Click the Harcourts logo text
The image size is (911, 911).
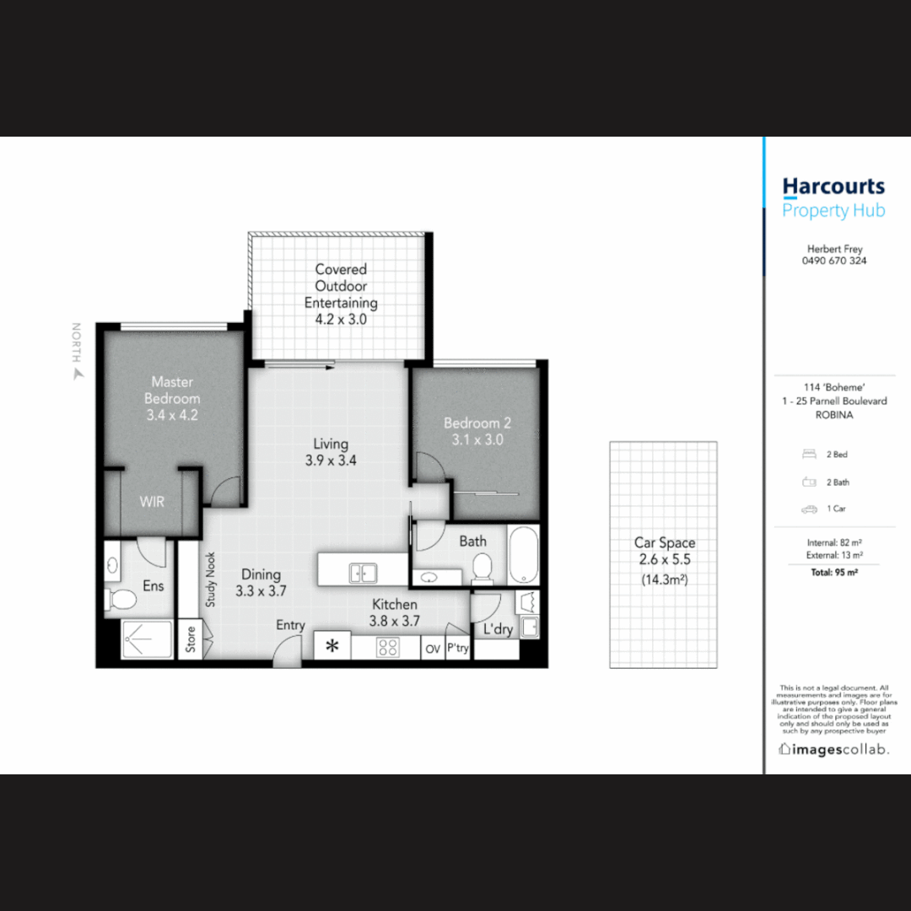click(833, 186)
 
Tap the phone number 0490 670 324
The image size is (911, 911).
click(833, 261)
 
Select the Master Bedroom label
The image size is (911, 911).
click(172, 398)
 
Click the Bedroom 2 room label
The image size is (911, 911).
click(477, 430)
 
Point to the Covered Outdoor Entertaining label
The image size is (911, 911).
click(341, 294)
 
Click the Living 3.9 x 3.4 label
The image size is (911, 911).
click(331, 452)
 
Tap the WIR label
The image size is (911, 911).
click(152, 502)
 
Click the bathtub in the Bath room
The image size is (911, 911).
click(524, 554)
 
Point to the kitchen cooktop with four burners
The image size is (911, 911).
click(387, 647)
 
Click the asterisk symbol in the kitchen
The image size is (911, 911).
click(332, 647)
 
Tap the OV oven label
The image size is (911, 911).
click(433, 649)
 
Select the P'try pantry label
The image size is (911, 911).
click(458, 649)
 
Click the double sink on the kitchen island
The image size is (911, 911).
click(364, 574)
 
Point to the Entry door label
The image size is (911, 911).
click(291, 625)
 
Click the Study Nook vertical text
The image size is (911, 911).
click(210, 579)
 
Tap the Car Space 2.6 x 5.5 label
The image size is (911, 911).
click(665, 551)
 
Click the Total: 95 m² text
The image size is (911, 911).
click(834, 572)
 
